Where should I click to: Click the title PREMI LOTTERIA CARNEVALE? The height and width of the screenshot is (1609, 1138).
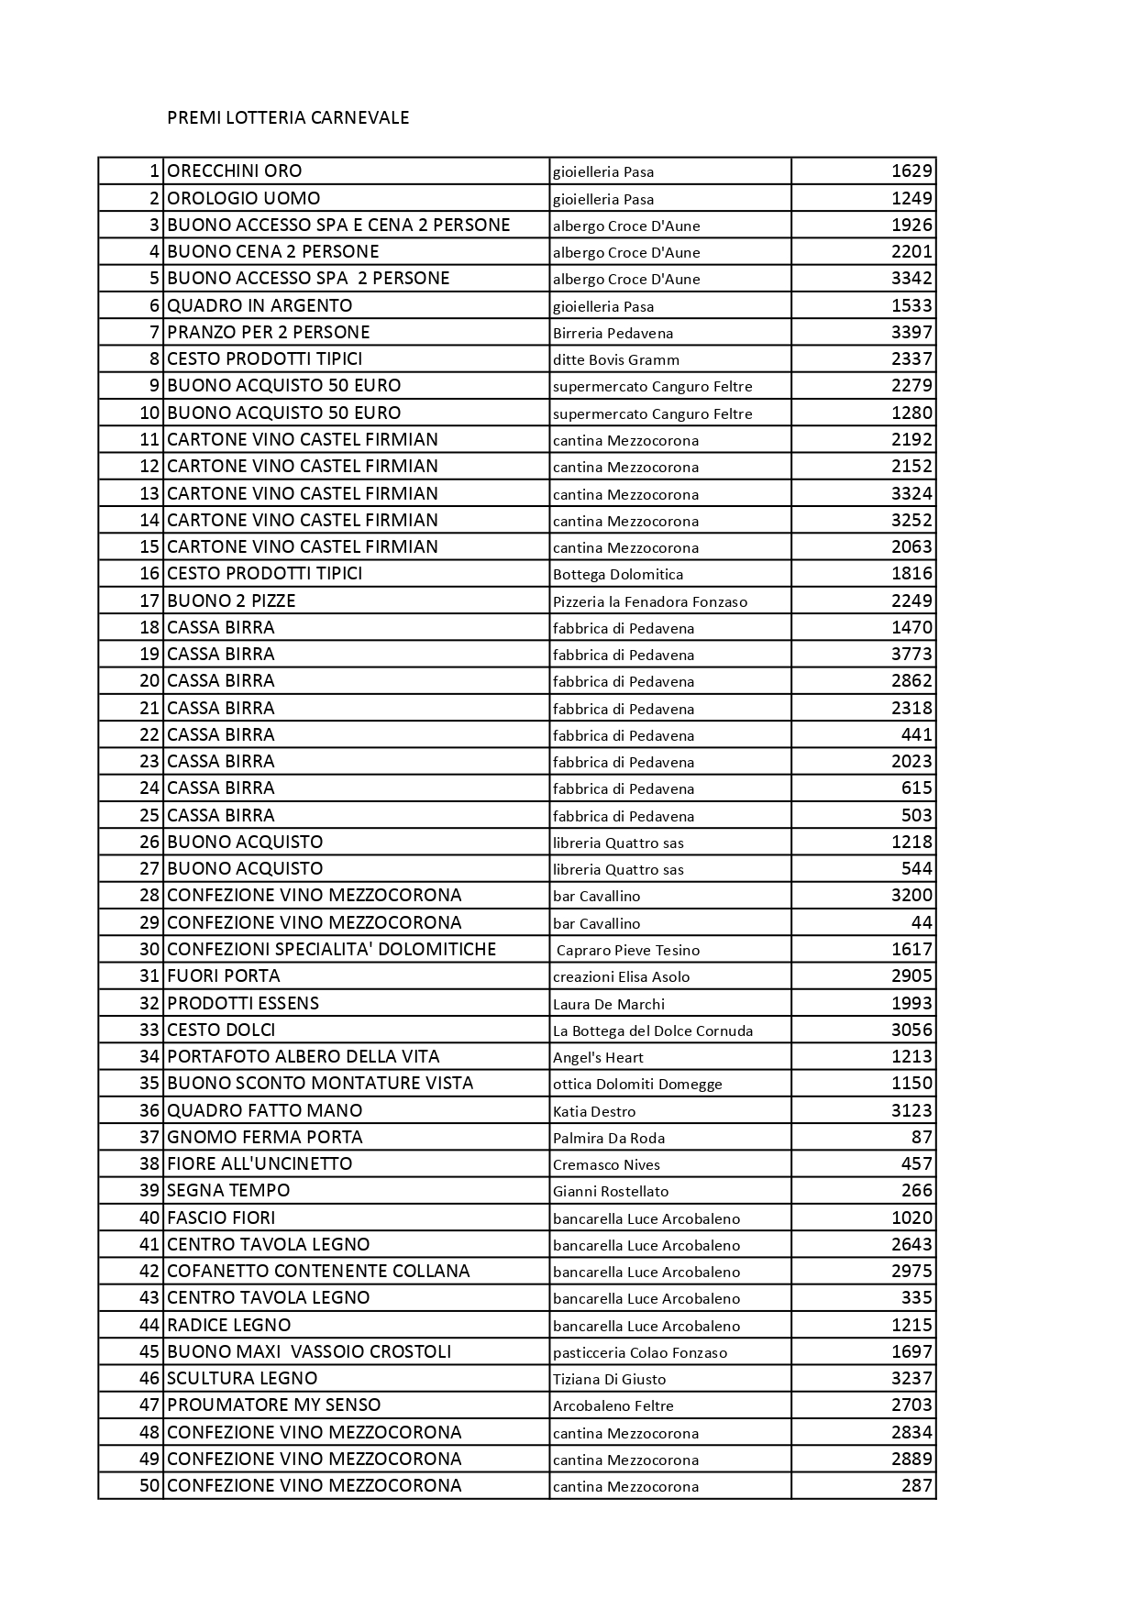point(288,117)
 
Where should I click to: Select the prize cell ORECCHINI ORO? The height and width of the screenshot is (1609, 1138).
point(234,171)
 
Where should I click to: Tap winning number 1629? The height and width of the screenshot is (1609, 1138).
point(911,171)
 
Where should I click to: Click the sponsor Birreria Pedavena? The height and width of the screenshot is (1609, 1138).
point(613,333)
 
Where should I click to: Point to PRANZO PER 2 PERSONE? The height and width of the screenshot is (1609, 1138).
point(268,332)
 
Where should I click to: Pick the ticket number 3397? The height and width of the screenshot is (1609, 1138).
point(911,332)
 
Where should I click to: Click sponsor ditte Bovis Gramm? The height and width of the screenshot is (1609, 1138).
point(615,359)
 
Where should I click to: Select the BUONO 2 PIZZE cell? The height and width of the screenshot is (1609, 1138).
point(231,601)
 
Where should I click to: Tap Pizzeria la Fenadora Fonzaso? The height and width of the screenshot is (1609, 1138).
point(649,601)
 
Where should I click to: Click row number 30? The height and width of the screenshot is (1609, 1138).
point(149,949)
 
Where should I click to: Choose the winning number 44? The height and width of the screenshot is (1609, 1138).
point(922,922)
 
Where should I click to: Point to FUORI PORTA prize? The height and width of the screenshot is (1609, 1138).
point(223,975)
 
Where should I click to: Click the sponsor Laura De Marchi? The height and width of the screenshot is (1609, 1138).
point(608,1004)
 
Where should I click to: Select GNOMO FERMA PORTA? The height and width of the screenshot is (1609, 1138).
point(264,1137)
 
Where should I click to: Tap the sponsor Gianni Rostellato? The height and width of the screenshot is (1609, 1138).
point(610,1191)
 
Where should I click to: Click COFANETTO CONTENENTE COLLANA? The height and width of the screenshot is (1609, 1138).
point(317,1271)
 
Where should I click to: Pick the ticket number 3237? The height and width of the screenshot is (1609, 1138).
point(911,1378)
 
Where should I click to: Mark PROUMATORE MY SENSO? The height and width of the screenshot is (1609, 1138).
point(273,1405)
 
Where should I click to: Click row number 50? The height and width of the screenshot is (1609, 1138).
point(149,1485)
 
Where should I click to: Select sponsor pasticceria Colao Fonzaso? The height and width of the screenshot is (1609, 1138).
point(639,1352)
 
